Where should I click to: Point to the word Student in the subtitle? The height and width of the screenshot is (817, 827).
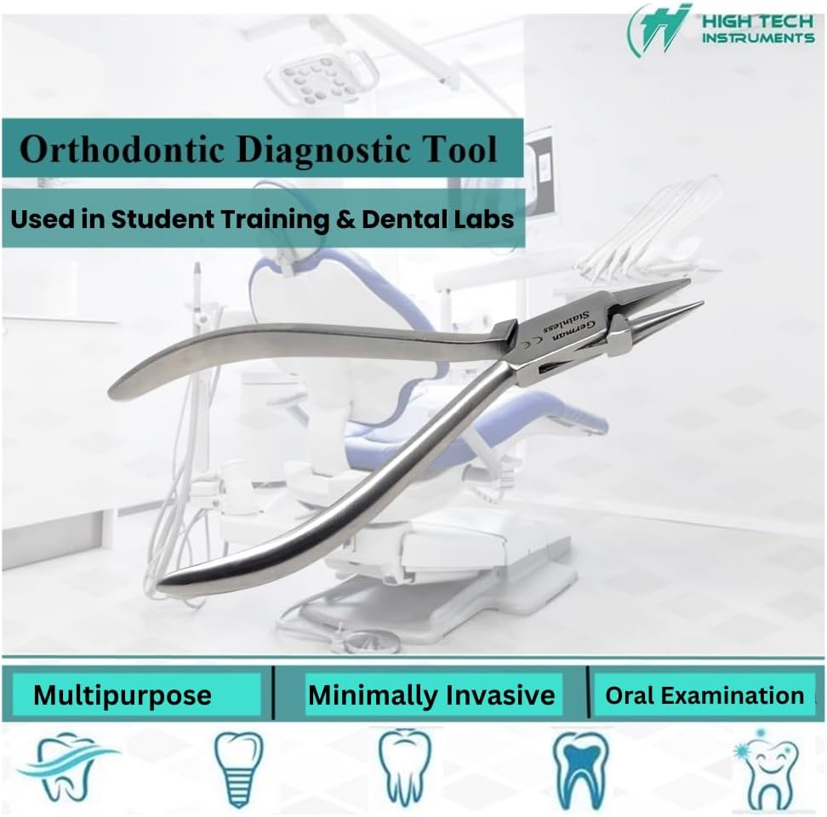tap(162, 219)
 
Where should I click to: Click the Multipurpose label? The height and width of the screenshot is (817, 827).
tap(123, 695)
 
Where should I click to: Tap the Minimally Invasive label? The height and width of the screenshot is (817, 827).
tap(431, 694)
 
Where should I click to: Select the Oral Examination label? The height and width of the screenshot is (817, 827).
tap(704, 695)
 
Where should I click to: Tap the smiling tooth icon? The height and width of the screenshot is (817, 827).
tap(768, 770)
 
